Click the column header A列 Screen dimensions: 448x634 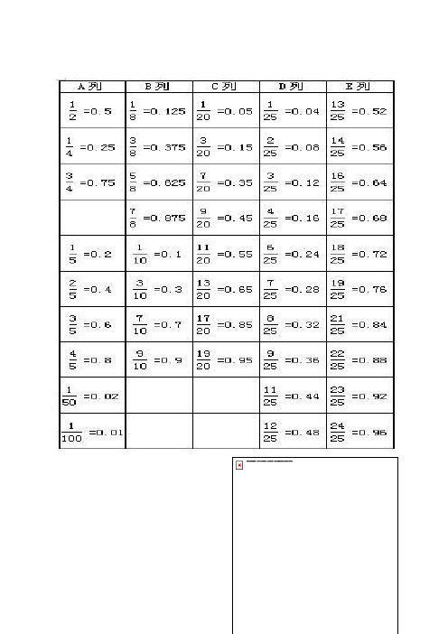(91, 87)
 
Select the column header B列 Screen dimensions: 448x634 (158, 87)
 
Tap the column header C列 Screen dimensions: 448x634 (225, 87)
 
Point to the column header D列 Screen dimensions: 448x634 (292, 87)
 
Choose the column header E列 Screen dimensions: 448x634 (359, 87)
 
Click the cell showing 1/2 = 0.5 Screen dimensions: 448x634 (91, 110)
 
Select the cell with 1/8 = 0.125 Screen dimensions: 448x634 (158, 110)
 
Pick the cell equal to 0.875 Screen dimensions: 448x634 (158, 218)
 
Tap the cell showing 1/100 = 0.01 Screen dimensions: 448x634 (91, 432)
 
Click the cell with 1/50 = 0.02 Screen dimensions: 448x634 (91, 396)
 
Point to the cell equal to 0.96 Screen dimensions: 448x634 (359, 432)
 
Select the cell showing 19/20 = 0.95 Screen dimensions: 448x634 (225, 360)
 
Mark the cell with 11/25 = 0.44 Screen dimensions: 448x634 (292, 396)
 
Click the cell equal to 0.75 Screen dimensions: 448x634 (91, 182)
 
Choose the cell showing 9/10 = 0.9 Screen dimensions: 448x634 (158, 360)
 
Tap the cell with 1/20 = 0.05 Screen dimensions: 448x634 (225, 110)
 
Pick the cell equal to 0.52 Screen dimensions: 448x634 (359, 110)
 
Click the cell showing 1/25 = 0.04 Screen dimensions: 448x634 (292, 110)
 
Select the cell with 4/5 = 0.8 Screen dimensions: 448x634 (91, 360)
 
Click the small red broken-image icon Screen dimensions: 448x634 (239, 465)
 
